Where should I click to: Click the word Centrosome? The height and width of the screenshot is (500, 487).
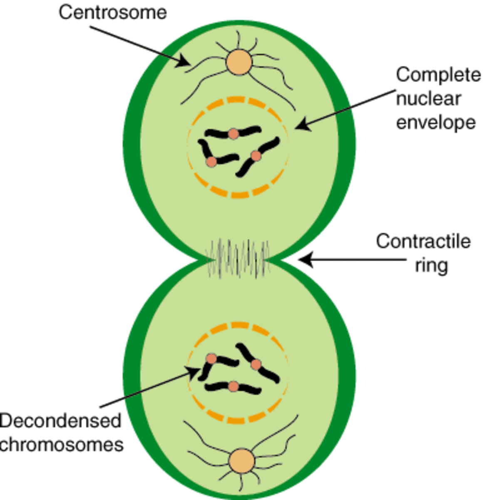[112, 12]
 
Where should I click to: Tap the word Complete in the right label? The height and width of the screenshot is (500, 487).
[438, 75]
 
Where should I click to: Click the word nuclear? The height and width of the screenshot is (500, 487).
[428, 99]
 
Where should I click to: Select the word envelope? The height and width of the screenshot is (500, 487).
[435, 122]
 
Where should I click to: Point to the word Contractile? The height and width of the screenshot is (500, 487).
[423, 241]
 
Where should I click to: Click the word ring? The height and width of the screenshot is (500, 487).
[431, 265]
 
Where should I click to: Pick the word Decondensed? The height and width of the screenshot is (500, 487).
[61, 421]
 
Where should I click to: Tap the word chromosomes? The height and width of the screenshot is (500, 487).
[62, 445]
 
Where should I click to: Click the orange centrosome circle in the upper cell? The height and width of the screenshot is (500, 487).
[239, 62]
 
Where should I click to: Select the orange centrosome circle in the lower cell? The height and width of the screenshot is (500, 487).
[241, 461]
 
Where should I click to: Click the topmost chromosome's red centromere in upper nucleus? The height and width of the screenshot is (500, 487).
[234, 134]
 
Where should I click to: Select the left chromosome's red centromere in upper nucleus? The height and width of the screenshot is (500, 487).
[211, 162]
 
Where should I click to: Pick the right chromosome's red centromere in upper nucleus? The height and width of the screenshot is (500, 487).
[256, 156]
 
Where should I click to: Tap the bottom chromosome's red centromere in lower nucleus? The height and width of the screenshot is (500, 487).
[234, 387]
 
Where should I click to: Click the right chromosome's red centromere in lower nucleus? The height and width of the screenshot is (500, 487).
[256, 365]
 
